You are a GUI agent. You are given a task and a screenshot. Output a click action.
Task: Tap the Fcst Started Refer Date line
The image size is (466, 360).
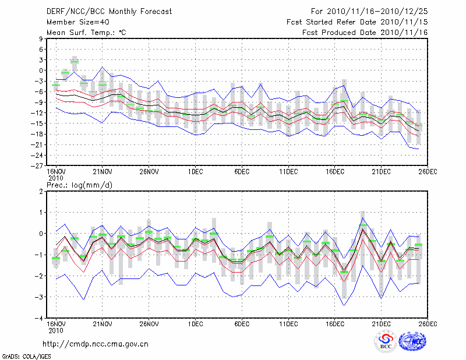pos(357,22)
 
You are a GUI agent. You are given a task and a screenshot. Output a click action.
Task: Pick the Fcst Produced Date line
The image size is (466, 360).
pos(365,32)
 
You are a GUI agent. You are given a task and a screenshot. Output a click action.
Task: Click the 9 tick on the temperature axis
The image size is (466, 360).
pos(41,39)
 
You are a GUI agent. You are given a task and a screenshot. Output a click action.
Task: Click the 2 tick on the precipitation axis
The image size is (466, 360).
pos(41,192)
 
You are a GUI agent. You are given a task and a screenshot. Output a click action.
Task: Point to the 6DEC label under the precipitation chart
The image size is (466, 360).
pos(242,324)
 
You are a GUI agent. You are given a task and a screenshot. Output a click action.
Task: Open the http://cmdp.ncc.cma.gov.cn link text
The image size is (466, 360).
pos(96,344)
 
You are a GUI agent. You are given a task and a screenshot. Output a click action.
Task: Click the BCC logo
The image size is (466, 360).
pos(386,341)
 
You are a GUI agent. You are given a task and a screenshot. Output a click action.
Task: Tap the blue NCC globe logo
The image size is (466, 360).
pos(414,341)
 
